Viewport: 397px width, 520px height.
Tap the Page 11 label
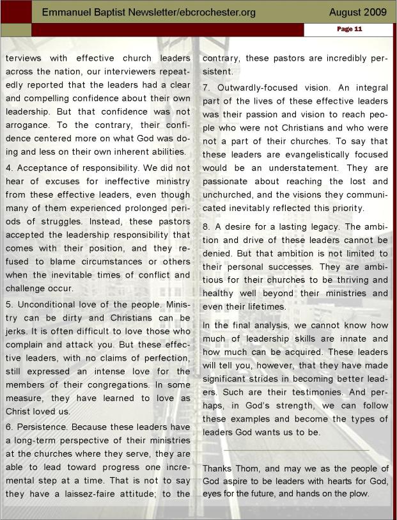(349, 29)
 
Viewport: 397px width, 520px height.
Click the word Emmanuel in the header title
(68, 12)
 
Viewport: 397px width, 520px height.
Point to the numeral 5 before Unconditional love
(8, 302)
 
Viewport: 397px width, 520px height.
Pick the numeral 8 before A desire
(206, 226)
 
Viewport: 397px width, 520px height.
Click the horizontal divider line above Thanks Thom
(295, 450)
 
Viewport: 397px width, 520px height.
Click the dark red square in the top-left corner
(15, 12)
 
